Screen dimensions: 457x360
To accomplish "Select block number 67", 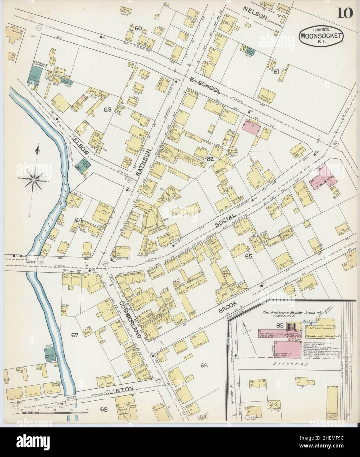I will click(75, 335).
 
